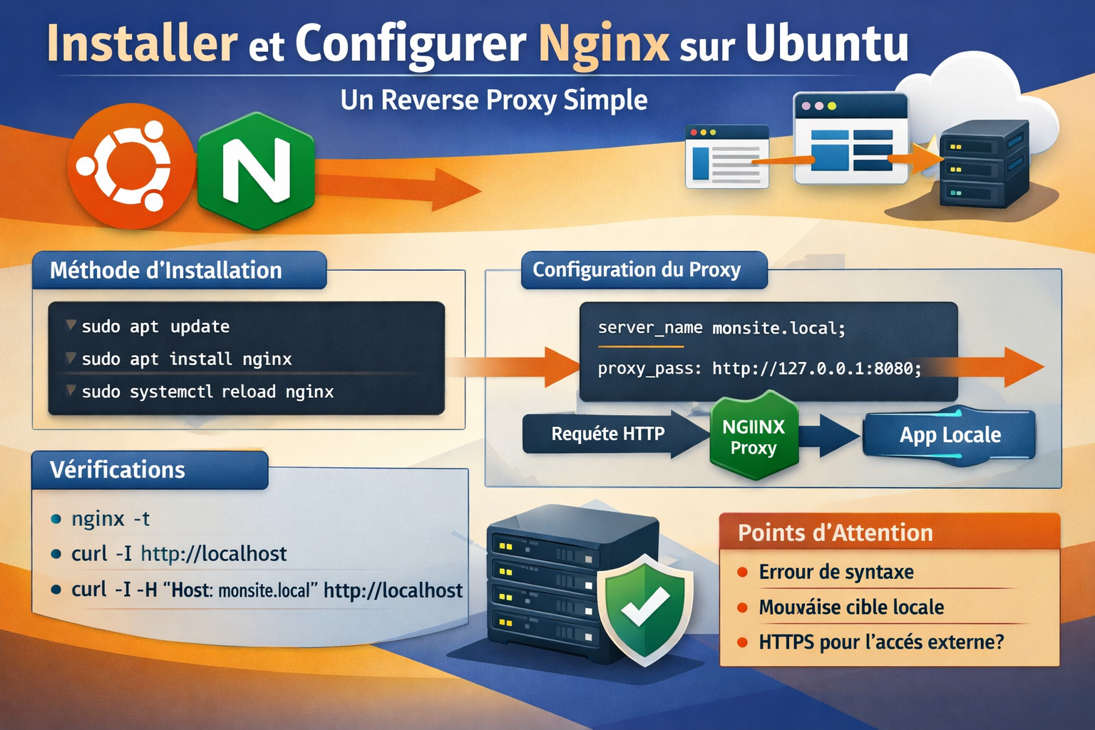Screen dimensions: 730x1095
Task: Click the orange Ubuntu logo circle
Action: [x=131, y=165]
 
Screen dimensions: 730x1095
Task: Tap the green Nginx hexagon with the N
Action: [x=256, y=171]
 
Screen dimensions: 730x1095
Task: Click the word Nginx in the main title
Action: [x=603, y=44]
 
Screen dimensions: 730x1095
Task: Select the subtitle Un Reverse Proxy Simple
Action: [x=493, y=100]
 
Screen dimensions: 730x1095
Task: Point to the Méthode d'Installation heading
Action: [x=166, y=270]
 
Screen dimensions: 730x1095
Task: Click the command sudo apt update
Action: [x=155, y=327]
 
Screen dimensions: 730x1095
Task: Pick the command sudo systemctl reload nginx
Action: [x=207, y=391]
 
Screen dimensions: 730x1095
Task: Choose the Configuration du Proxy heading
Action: [x=637, y=269]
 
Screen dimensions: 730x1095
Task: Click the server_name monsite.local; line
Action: [x=721, y=328]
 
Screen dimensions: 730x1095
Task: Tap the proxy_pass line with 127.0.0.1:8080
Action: [x=759, y=369]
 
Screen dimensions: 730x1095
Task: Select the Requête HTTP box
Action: [x=607, y=433]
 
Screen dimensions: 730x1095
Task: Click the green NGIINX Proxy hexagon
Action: [x=754, y=436]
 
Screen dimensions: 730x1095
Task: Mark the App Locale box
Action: [x=950, y=435]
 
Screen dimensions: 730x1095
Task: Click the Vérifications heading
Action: [x=118, y=470]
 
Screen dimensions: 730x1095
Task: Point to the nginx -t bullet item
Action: [x=110, y=518]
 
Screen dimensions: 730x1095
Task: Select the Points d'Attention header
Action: [x=835, y=533]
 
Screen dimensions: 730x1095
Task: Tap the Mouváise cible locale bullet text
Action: [x=851, y=607]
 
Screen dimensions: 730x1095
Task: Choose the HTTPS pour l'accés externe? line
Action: [x=881, y=642]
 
